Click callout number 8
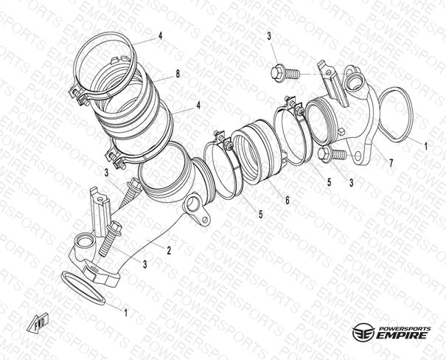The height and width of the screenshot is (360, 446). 178,75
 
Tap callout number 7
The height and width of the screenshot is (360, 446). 391,163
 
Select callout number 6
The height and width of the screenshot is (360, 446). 288,201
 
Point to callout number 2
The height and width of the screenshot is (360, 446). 169,250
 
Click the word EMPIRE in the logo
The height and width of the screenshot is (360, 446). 402,335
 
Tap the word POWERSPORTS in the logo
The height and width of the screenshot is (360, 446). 405,329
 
